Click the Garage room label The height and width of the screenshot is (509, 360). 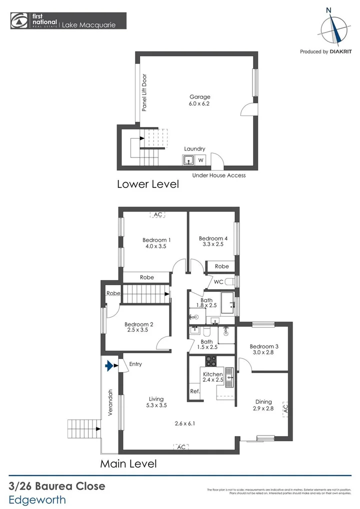click(199, 97)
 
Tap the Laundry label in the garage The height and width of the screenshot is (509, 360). click(194, 149)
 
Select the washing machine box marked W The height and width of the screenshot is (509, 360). click(200, 160)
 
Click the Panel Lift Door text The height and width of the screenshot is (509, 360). click(144, 92)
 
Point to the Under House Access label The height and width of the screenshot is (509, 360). click(219, 175)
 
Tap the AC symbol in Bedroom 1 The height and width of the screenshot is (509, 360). click(158, 214)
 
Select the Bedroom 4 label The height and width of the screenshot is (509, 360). click(213, 238)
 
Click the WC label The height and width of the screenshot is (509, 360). click(218, 282)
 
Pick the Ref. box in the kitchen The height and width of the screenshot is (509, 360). click(194, 391)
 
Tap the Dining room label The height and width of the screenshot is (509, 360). click(263, 401)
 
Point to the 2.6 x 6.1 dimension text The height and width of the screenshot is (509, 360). click(184, 423)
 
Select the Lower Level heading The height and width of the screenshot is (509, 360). click(147, 184)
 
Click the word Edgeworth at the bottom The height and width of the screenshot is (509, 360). click(37, 499)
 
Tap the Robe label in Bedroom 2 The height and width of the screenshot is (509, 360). click(113, 293)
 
